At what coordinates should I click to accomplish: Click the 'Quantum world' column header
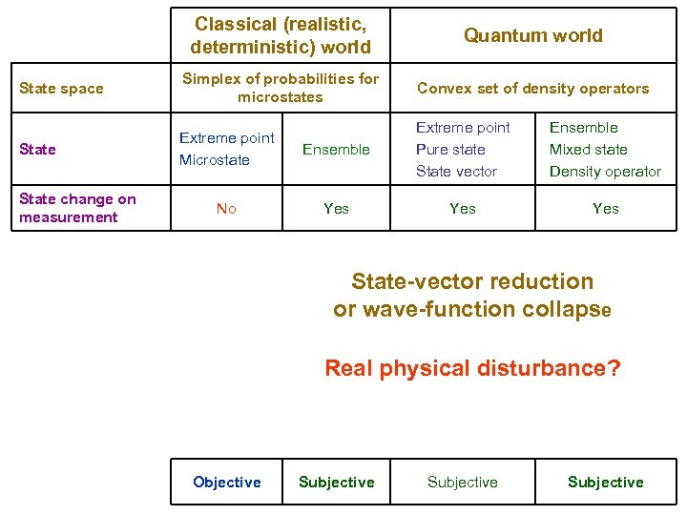point(532,35)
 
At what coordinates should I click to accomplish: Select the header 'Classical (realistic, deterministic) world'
point(280,35)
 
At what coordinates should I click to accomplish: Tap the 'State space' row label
point(61,89)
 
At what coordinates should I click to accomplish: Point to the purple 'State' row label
point(37,149)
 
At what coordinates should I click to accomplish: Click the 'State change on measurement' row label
point(77,208)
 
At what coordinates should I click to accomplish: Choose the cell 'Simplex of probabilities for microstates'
point(280,88)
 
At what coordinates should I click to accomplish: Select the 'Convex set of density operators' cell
point(532,89)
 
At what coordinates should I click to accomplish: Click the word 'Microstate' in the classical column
point(215,160)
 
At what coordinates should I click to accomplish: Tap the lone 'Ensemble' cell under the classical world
point(336,149)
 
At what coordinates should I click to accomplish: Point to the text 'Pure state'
point(450,150)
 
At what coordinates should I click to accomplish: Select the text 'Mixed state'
point(588,150)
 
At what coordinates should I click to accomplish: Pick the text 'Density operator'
point(605,172)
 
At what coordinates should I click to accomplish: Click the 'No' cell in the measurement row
point(226,208)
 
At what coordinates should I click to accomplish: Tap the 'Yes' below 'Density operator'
point(605,208)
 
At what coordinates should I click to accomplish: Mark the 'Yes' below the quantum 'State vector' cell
point(463,208)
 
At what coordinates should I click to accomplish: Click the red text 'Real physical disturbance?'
point(472,368)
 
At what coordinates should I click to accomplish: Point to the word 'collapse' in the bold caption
point(566,310)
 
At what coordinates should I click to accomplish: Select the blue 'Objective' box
point(226,483)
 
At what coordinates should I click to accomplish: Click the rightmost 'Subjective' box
point(605,483)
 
